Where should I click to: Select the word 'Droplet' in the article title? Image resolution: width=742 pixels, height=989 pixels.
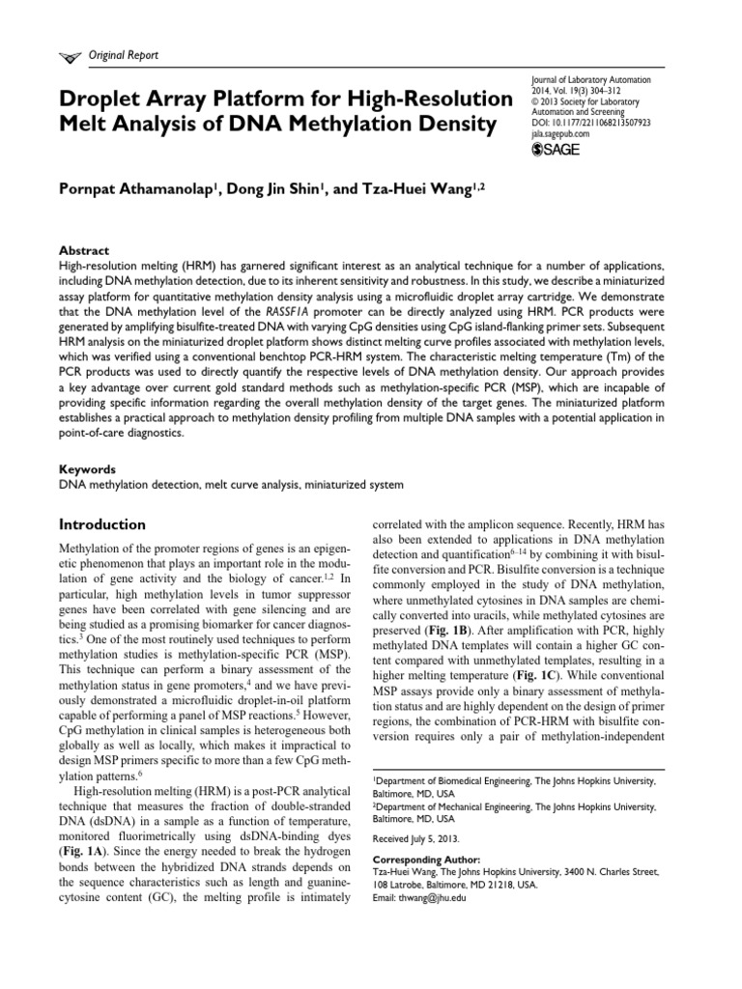[107, 99]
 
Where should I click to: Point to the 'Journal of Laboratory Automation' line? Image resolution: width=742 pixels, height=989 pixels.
[591, 80]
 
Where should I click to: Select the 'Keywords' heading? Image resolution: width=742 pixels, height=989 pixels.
[88, 467]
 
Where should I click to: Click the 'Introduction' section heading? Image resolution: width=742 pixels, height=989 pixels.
[102, 524]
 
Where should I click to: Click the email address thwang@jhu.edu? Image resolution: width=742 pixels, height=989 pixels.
[436, 897]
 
